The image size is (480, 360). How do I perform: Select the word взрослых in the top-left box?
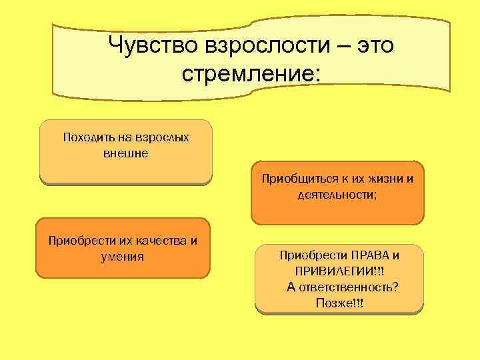162,138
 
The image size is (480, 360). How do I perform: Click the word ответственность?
353,287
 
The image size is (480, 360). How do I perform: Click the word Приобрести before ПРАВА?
310,255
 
